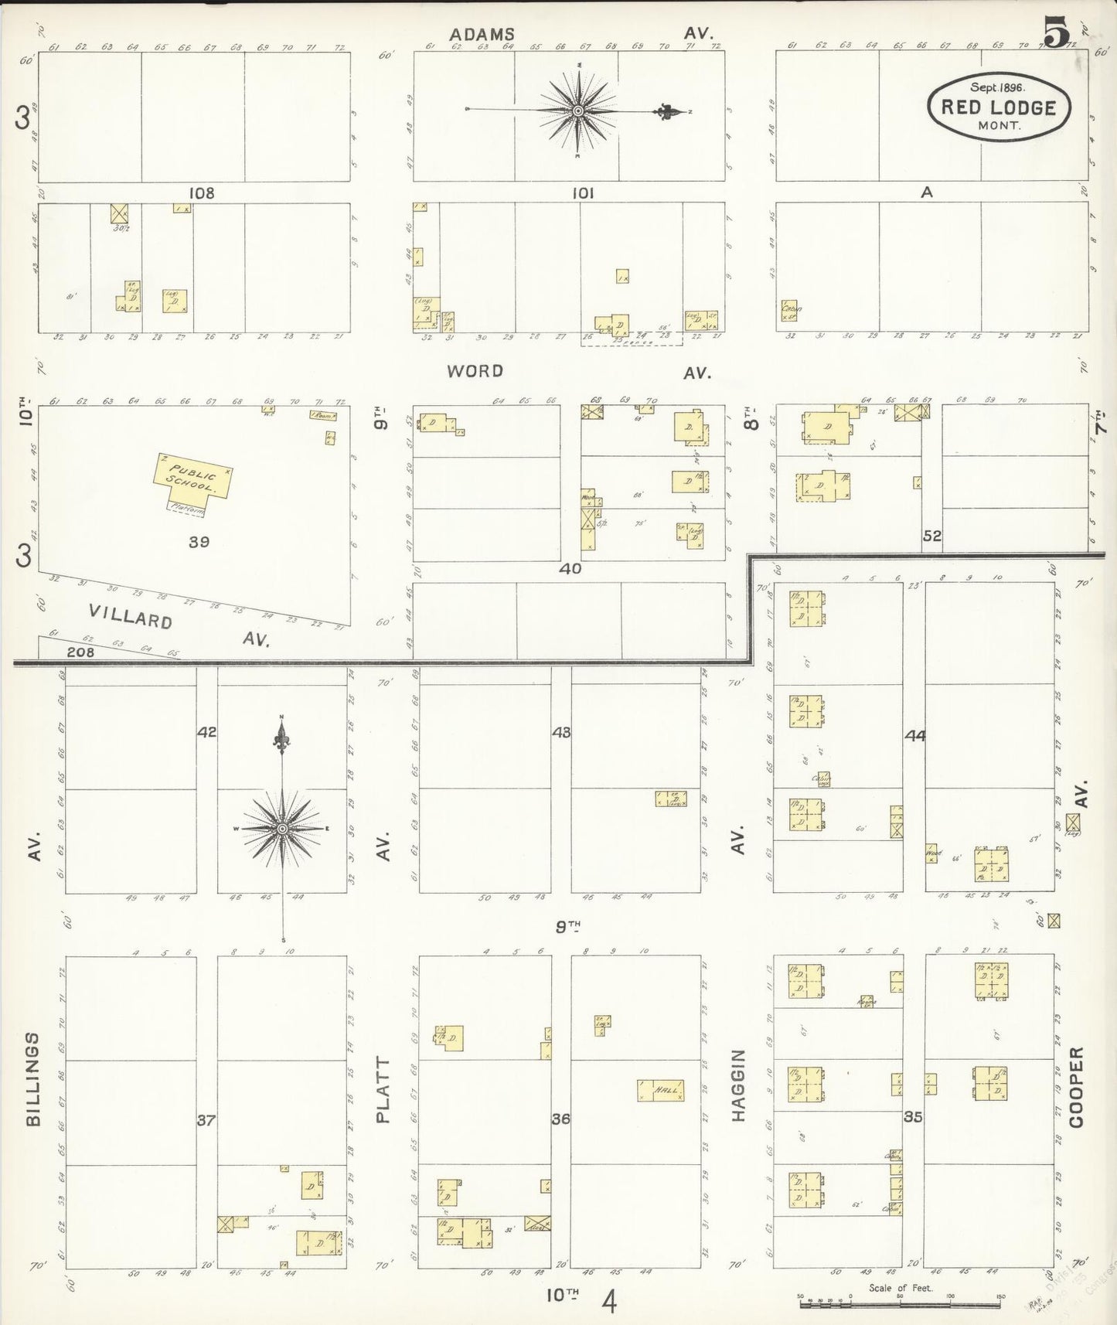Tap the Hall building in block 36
pos(662,1090)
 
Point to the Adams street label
pos(482,34)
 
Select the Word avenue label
pos(475,371)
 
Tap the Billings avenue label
pos(33,1078)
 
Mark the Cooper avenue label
pos(1077,1087)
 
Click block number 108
pos(201,192)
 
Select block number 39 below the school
pos(199,542)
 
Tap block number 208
pos(80,652)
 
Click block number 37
pos(206,1119)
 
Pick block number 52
pos(932,535)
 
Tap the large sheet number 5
pos(1055,32)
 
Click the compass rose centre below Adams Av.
pos(577,112)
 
